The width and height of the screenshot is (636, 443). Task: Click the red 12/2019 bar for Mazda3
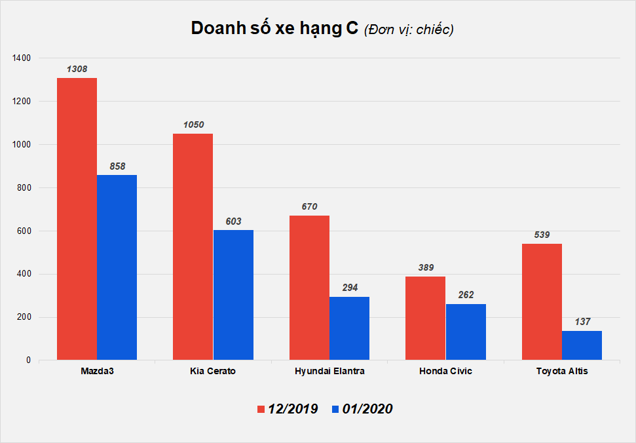[x=77, y=219]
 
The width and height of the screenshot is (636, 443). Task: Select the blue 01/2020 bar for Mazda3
[x=117, y=267]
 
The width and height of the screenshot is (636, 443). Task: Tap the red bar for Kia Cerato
[x=193, y=246]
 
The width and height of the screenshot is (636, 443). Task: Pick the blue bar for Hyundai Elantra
[x=349, y=328]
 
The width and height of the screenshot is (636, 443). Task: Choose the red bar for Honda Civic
[x=426, y=318]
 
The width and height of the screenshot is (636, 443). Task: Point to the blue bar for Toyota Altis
[x=582, y=345]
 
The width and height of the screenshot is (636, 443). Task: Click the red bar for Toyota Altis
[x=542, y=301]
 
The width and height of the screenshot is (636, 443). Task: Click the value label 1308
[x=77, y=69]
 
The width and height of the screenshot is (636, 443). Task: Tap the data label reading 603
[x=233, y=221]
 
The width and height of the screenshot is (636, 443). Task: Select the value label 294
[x=349, y=288]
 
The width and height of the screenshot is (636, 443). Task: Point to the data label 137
[x=582, y=322]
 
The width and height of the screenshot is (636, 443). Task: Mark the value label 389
[x=426, y=267]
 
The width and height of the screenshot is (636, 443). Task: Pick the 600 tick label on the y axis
[x=24, y=231]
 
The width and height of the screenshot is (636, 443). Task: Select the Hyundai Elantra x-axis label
[x=329, y=372]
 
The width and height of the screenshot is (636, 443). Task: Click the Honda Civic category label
[x=445, y=372]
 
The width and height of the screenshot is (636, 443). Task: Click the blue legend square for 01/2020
[x=335, y=409]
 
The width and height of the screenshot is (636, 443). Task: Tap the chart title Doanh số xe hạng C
[x=274, y=29]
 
